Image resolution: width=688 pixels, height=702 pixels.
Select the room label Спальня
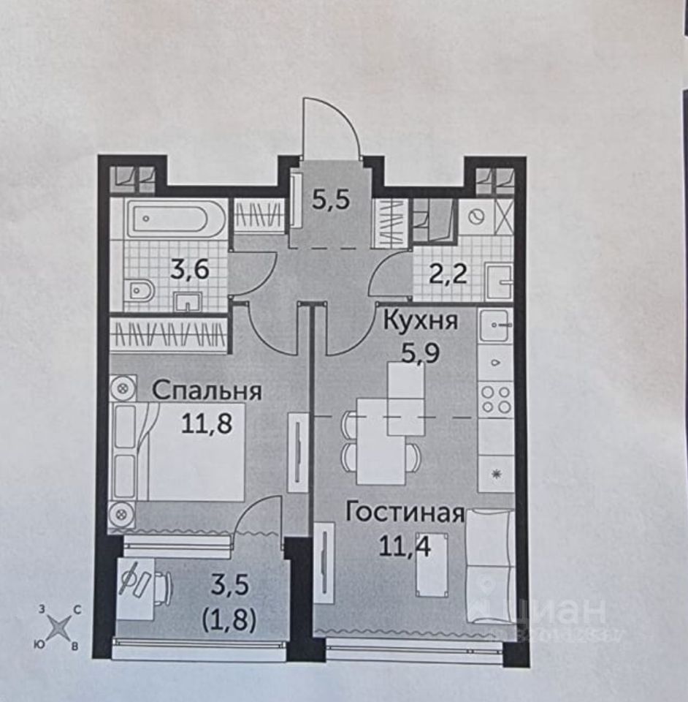207,390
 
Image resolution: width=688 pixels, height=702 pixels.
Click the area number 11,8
207,423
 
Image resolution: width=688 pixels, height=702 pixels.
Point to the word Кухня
421,322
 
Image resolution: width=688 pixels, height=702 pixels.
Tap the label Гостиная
405,512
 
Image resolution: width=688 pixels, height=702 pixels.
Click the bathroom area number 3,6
190,271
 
